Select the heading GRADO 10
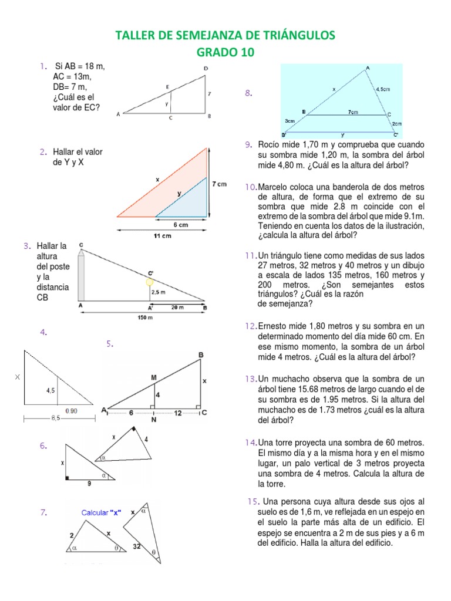pos(225,53)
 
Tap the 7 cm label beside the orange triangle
pos(219,184)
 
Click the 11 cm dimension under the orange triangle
pos(162,236)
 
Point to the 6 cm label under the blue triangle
pos(180,225)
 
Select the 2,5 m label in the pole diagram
pos(159,292)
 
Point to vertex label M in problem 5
pos(153,379)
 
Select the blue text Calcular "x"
pos(101,512)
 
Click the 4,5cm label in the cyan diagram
pos(383,89)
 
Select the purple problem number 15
pos(253,501)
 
